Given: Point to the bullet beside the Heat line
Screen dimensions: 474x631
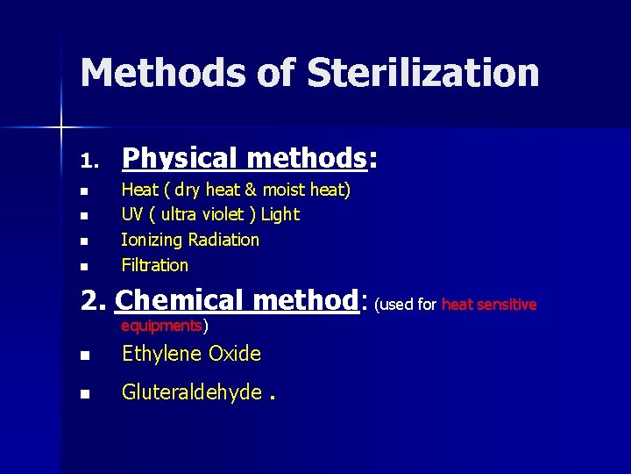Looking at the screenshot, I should coord(84,190).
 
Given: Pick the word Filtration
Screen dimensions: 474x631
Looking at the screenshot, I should coord(155,265).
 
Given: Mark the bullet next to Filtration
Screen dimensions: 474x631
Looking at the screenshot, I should coord(84,266).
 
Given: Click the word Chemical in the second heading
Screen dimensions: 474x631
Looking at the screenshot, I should coord(176,301).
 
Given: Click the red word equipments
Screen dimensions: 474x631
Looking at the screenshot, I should coord(161,326).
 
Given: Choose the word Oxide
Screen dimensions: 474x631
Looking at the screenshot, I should coord(238,354).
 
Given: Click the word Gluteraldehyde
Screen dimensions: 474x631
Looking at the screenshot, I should coord(192,392).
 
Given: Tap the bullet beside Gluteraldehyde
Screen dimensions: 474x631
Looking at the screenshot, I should coord(84,394).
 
